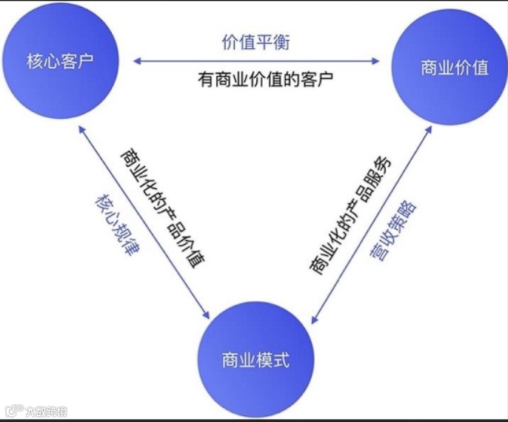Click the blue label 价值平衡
click(255, 42)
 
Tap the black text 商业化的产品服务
click(349, 214)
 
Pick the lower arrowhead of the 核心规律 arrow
click(208, 315)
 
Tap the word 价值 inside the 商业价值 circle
click(471, 67)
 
